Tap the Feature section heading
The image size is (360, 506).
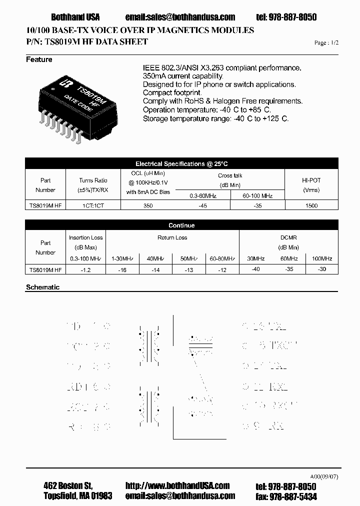coord(39,60)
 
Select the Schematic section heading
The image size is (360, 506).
coord(42,287)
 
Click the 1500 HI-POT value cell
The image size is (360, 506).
coord(311,205)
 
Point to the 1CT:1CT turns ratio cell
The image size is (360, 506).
coord(93,205)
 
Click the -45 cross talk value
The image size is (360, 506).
coord(202,205)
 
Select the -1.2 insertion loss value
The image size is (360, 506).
coord(85,269)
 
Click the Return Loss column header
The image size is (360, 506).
coord(172,237)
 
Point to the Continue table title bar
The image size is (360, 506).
coord(181,225)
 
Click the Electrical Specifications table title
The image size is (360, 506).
coord(181,164)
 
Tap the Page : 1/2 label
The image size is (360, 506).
coord(326,43)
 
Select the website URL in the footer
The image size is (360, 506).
coord(177,485)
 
